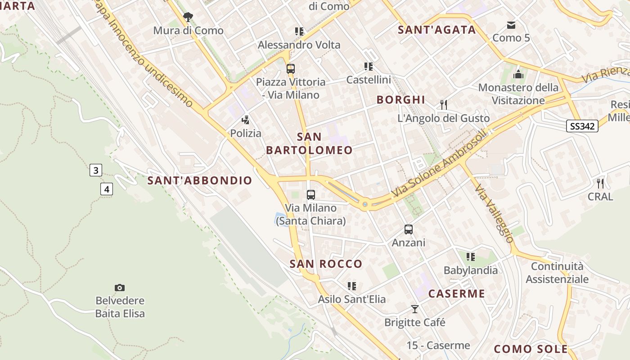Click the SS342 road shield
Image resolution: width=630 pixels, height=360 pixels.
click(582, 126)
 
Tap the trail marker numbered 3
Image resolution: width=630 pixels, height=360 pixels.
click(95, 170)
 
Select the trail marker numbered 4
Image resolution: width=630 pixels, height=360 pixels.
click(107, 189)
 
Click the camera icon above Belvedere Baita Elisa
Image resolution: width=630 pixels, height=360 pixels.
click(120, 288)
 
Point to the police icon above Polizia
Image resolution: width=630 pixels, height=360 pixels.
click(246, 120)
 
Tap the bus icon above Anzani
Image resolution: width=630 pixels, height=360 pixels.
click(409, 229)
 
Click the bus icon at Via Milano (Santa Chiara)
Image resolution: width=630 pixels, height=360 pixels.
click(311, 195)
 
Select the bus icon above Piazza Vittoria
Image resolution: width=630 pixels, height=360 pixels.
click(291, 69)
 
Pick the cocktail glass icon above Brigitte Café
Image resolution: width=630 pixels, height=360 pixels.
click(415, 309)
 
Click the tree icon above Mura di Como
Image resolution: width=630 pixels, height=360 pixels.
click(188, 17)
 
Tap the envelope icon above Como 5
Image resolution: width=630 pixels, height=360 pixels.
click(511, 25)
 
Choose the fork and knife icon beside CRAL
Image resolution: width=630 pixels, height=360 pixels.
click(600, 183)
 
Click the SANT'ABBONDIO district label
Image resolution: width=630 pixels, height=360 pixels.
click(200, 180)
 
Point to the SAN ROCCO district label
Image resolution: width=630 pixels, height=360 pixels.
click(326, 264)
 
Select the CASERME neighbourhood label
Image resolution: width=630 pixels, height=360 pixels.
click(457, 294)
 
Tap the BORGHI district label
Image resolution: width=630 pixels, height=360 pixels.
click(401, 99)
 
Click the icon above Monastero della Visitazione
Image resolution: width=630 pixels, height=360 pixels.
click(518, 74)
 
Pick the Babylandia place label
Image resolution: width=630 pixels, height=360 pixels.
click(471, 270)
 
